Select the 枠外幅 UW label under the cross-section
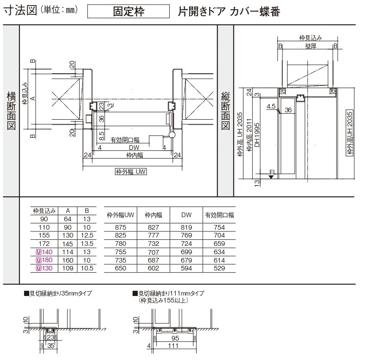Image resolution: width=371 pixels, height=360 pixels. click(x=131, y=172)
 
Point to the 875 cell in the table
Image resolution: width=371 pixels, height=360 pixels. click(x=120, y=227)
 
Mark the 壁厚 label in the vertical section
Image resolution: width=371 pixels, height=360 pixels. click(x=311, y=46)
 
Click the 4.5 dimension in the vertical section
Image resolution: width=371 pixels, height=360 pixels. click(x=272, y=106)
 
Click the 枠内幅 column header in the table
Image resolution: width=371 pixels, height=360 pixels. click(x=153, y=215)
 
